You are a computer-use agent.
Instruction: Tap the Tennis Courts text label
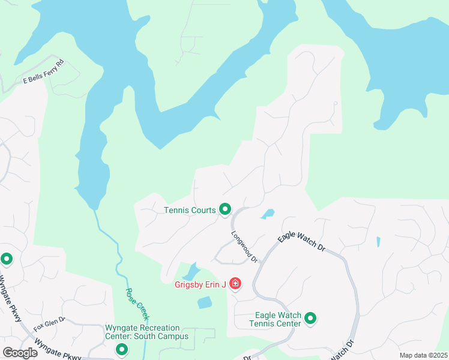tap(190, 210)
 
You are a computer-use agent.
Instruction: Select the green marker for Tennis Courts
tap(225, 209)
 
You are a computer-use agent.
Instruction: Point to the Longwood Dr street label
tap(245, 247)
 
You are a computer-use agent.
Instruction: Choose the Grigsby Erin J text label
tap(200, 284)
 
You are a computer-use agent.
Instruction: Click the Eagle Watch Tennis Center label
tap(277, 319)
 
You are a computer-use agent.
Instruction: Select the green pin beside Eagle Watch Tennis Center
tap(310, 319)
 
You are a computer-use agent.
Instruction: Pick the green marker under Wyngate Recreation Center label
tap(122, 349)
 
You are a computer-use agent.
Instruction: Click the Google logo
tap(20, 352)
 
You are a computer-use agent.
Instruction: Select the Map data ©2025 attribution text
tap(424, 355)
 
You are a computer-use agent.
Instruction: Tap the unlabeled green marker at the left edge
tap(7, 259)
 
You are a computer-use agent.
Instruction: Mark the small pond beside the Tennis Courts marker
tap(268, 214)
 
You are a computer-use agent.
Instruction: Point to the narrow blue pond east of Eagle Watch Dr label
tap(378, 242)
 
